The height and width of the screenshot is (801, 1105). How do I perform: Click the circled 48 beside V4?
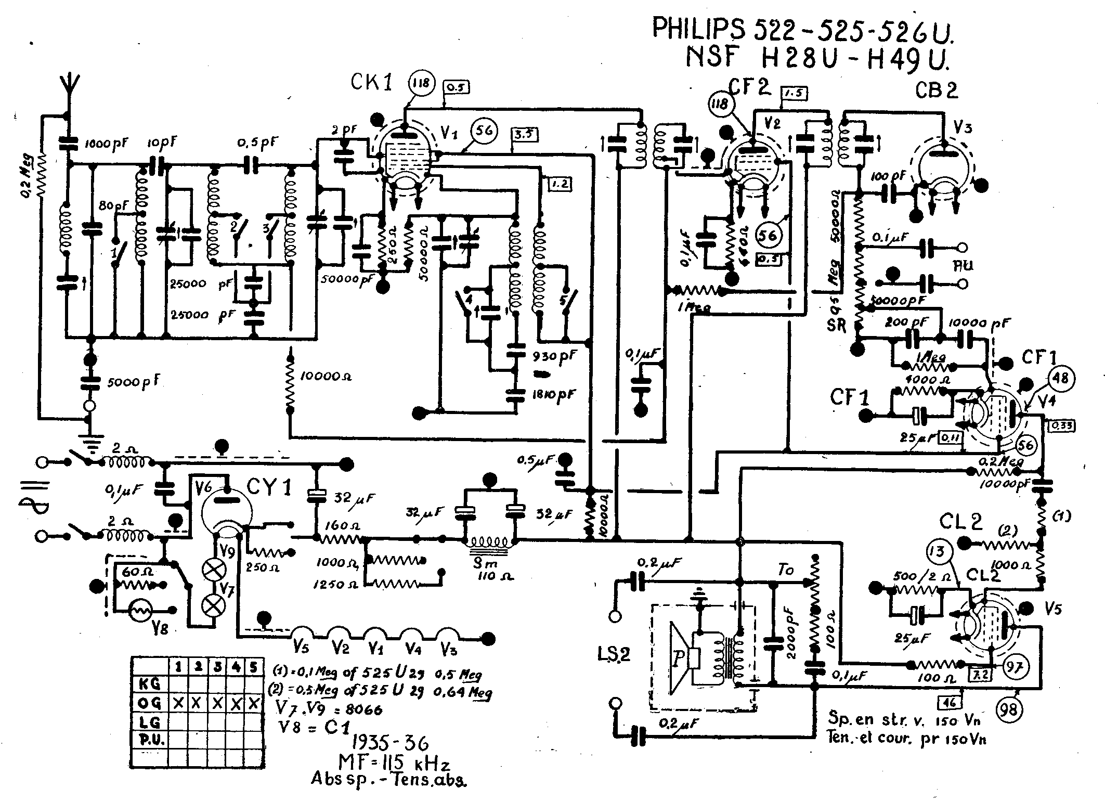pyautogui.click(x=1061, y=378)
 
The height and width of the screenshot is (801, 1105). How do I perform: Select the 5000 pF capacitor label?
pyautogui.click(x=132, y=382)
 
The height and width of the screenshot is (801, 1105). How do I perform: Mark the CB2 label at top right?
pyautogui.click(x=936, y=92)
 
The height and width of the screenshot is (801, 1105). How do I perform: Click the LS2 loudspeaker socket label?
pyautogui.click(x=614, y=653)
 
